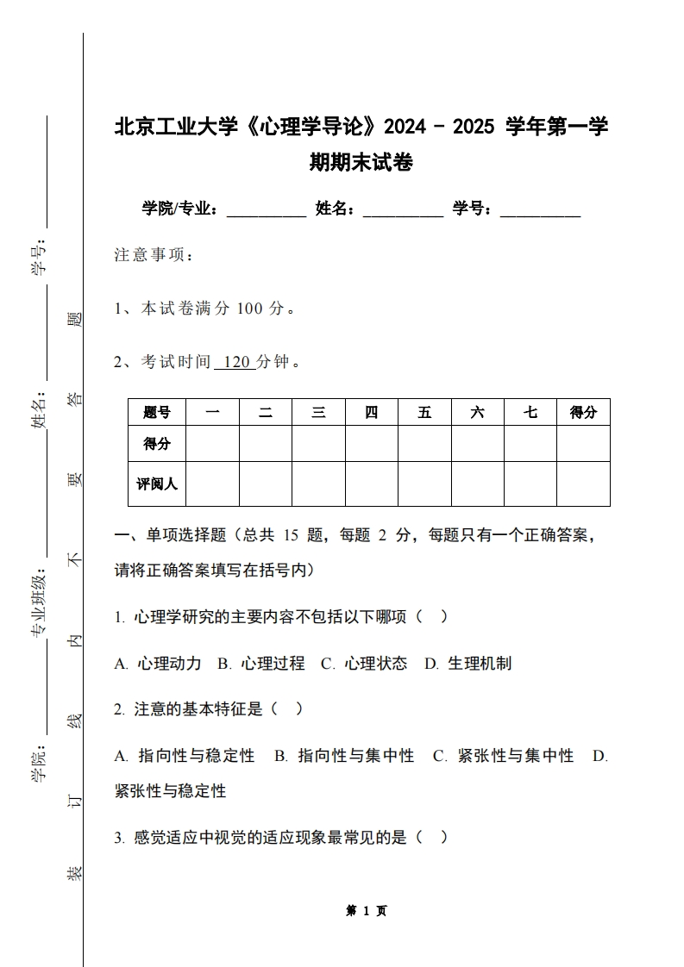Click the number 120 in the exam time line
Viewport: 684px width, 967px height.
point(235,362)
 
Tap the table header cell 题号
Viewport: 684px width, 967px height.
point(157,413)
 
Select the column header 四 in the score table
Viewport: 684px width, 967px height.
point(371,413)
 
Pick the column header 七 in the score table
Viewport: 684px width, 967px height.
point(530,413)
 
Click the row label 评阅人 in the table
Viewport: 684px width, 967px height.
point(157,484)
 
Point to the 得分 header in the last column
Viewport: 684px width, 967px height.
point(583,413)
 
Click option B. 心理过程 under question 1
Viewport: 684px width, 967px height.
point(261,664)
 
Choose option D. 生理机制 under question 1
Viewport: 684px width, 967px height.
point(468,664)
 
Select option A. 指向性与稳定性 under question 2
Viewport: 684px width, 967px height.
point(185,756)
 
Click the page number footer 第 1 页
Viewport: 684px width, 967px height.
point(367,911)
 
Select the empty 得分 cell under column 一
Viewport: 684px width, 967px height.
point(212,444)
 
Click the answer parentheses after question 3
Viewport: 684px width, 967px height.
point(432,837)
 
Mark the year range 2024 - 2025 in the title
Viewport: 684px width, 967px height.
point(440,128)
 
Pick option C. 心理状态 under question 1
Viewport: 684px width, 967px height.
point(364,664)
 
